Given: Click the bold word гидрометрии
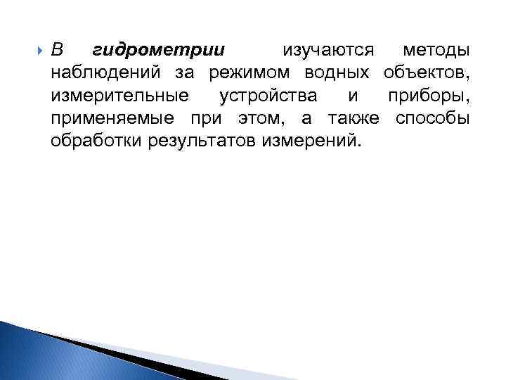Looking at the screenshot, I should click(159, 51).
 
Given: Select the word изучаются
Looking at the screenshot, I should click(328, 51).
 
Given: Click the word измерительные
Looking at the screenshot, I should click(119, 95).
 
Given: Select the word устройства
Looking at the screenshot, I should click(268, 95).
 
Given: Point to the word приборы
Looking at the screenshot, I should click(427, 96).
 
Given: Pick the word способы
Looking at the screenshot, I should click(432, 118).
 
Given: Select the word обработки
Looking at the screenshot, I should click(97, 141).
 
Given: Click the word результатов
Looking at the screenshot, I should click(203, 141).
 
